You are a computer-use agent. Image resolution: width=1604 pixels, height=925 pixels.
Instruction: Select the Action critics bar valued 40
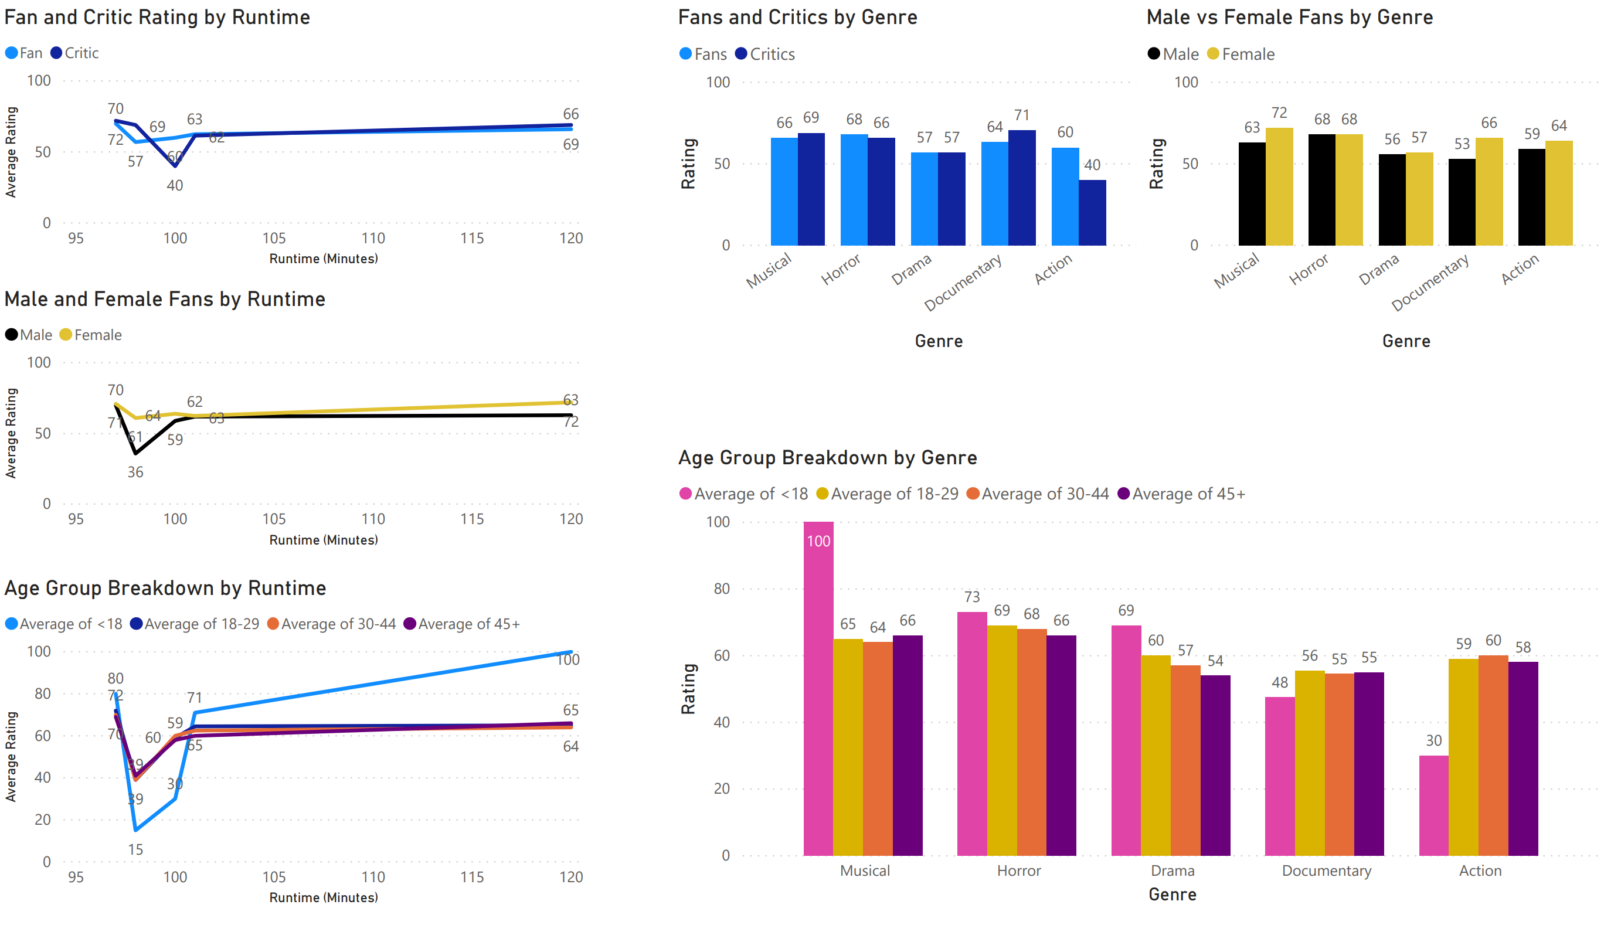click(x=1092, y=212)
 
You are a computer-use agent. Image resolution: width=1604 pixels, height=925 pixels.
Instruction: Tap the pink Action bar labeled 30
click(x=1433, y=805)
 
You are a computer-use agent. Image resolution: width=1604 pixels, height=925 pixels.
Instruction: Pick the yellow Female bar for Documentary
click(x=1489, y=191)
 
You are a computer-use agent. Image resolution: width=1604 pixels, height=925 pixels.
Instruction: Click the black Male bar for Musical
click(x=1252, y=194)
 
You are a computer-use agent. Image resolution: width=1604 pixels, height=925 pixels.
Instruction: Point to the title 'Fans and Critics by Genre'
click(x=797, y=17)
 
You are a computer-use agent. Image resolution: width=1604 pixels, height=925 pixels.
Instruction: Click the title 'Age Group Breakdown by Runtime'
click(x=165, y=589)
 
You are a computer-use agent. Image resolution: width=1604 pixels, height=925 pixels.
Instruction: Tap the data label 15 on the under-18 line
click(x=135, y=849)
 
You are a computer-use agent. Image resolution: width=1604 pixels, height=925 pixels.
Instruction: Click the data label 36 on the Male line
click(x=135, y=472)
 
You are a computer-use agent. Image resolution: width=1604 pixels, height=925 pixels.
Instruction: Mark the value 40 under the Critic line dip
click(x=175, y=185)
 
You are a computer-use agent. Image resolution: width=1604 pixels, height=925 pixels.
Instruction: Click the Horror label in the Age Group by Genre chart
click(x=1018, y=870)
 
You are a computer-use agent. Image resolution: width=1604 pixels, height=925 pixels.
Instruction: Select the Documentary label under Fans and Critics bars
click(x=963, y=281)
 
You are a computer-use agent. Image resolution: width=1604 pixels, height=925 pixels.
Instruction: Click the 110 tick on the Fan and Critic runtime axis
click(x=373, y=238)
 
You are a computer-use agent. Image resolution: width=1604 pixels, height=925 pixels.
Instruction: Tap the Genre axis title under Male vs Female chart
click(x=1406, y=341)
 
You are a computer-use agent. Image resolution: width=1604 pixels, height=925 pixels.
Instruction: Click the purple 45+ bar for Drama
click(x=1215, y=765)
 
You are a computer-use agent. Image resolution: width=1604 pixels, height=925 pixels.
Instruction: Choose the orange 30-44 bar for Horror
click(x=1031, y=742)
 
